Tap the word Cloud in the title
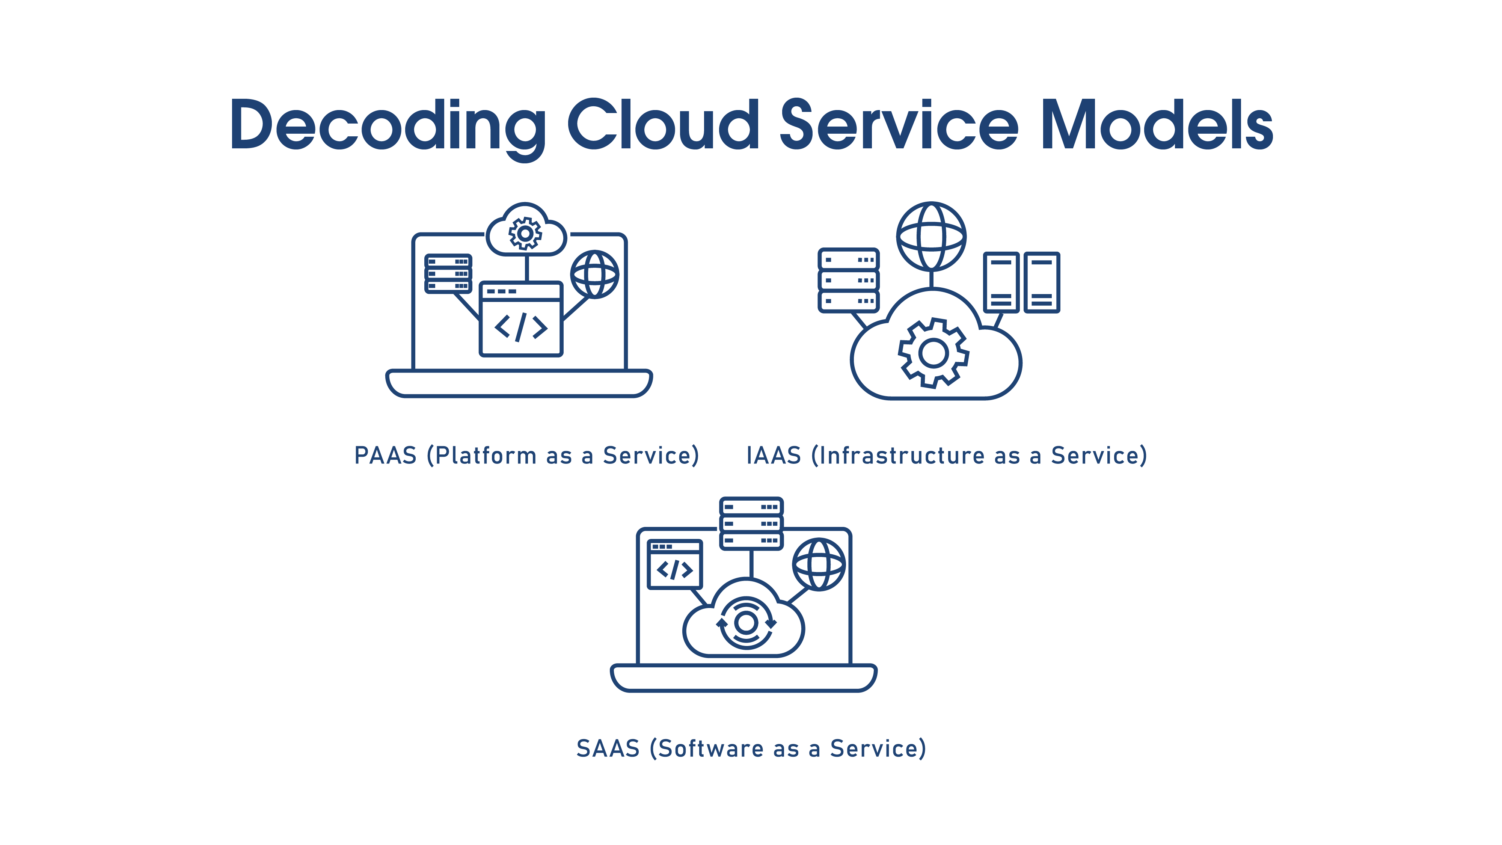pyautogui.click(x=663, y=124)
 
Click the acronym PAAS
pyautogui.click(x=385, y=456)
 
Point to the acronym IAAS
pyautogui.click(x=774, y=456)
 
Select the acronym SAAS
pyautogui.click(x=608, y=749)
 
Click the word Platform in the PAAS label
pyautogui.click(x=486, y=456)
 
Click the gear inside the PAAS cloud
pyautogui.click(x=525, y=234)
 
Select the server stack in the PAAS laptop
pyautogui.click(x=448, y=273)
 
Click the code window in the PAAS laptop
pyautogui.click(x=521, y=319)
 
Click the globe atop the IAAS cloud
pyautogui.click(x=931, y=236)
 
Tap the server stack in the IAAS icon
pyautogui.click(x=848, y=281)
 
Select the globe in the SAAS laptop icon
pyautogui.click(x=819, y=564)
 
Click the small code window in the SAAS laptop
pyautogui.click(x=675, y=564)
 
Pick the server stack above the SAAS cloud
pyautogui.click(x=751, y=523)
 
